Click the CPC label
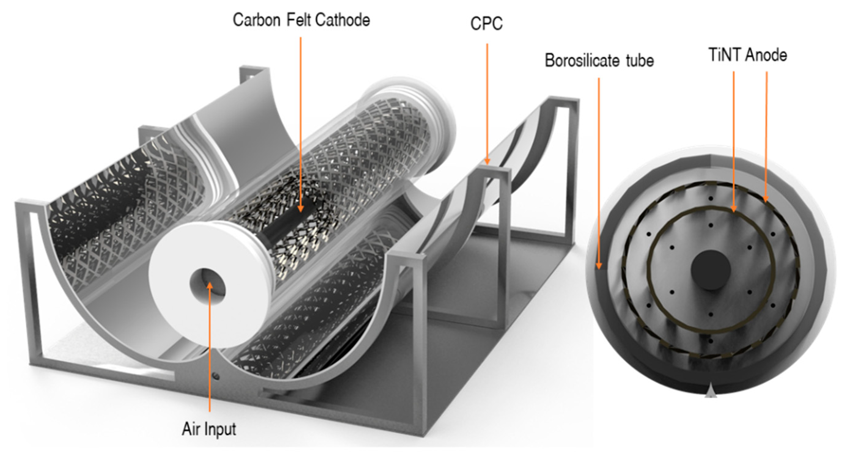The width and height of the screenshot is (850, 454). coord(486,24)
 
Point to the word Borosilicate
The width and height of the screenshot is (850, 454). coord(582,61)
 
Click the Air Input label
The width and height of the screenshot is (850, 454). coord(209,429)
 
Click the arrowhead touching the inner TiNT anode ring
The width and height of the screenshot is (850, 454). coord(734,209)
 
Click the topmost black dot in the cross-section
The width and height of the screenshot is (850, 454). coord(711,198)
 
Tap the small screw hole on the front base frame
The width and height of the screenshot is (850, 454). coord(216,375)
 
